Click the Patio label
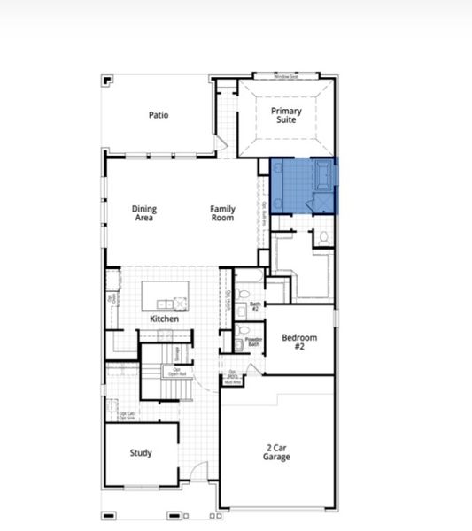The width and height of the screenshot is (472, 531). coord(159,114)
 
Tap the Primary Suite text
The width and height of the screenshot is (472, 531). coord(286,115)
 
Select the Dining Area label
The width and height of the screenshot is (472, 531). coord(144,213)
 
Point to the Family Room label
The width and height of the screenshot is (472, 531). coord(222,213)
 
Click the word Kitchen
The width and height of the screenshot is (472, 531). coord(164,319)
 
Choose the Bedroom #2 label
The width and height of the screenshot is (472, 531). coord(298,342)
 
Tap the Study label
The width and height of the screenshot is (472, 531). coord(141,453)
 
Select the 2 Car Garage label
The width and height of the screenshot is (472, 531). coord(276,453)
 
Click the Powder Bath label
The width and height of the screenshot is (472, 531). coord(253,342)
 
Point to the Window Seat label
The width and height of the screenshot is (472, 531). coord(286,77)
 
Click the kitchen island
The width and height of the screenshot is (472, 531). coord(166,293)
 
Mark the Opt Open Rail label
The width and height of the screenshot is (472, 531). coord(177,372)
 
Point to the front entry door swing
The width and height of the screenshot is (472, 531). coord(201,473)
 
